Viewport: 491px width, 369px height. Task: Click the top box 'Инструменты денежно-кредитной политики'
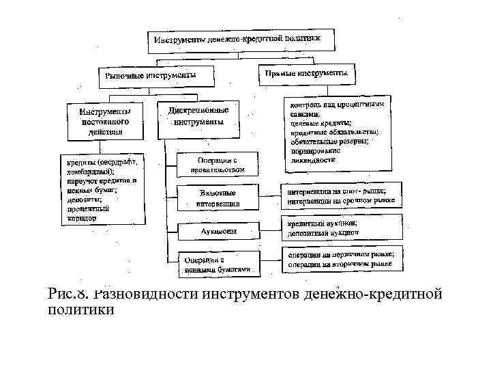[243, 40]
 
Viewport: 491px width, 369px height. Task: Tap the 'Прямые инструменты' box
[306, 72]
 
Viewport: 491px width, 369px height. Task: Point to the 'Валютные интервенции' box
[218, 198]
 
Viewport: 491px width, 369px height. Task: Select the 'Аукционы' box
[218, 231]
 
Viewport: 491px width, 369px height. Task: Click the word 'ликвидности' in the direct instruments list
[312, 159]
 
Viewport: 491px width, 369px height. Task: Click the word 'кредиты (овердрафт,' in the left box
[101, 163]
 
